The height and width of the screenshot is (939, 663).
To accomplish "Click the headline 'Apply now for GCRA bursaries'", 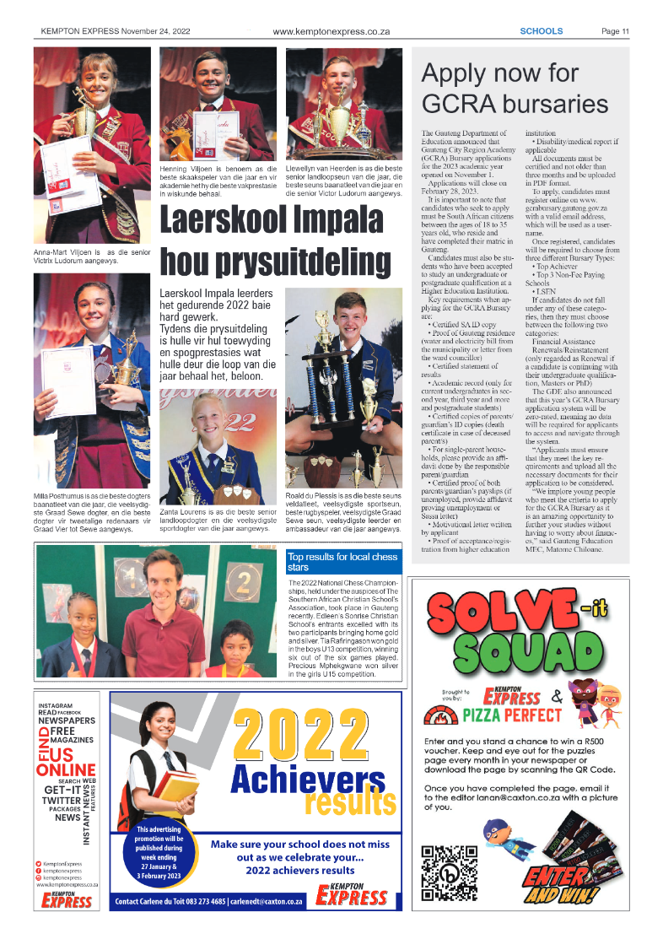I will [x=515, y=88].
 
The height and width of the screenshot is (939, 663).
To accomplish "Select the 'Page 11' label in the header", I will [x=615, y=32].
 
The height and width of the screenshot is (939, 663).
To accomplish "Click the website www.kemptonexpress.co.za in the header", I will [x=331, y=32].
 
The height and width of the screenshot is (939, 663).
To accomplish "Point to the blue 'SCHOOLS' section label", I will [x=541, y=32].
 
